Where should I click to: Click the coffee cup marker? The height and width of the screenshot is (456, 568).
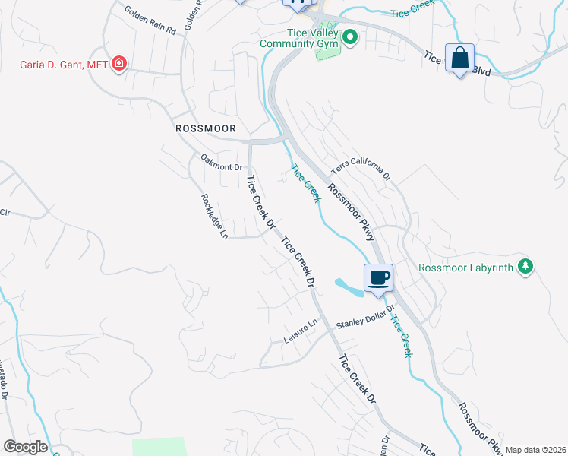pyautogui.click(x=378, y=277)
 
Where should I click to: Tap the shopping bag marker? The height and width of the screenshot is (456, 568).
pyautogui.click(x=460, y=59)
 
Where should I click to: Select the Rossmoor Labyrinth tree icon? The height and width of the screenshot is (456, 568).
pyautogui.click(x=524, y=266)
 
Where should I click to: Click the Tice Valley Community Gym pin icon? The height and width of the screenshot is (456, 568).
pyautogui.click(x=350, y=37)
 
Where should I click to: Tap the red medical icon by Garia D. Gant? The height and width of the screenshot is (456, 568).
pyautogui.click(x=118, y=63)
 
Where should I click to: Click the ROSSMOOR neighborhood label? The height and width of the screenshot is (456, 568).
pyautogui.click(x=206, y=128)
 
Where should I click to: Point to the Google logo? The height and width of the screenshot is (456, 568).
pyautogui.click(x=25, y=447)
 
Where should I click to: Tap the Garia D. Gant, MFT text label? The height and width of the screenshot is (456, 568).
pyautogui.click(x=63, y=64)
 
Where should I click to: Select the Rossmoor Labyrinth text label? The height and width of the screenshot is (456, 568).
pyautogui.click(x=466, y=267)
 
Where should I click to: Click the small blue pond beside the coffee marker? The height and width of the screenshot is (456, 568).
pyautogui.click(x=348, y=287)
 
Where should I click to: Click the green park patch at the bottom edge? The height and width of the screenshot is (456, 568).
pyautogui.click(x=159, y=446)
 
